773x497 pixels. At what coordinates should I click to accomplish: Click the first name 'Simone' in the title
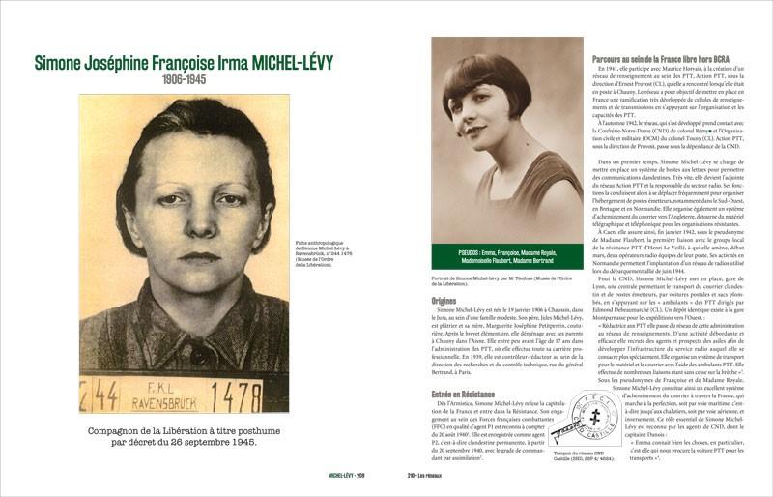[x=66, y=64]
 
